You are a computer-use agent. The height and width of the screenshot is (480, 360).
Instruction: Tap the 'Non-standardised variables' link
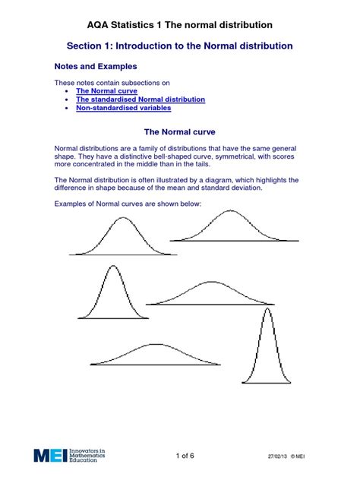coord(121,108)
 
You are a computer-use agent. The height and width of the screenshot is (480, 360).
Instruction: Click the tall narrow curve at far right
coord(267,349)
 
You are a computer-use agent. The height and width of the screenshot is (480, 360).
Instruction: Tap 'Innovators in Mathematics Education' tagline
coord(86,456)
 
